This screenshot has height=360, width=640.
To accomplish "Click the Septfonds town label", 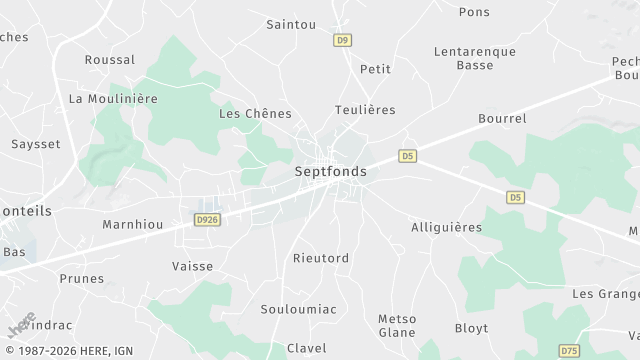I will coord(331,172).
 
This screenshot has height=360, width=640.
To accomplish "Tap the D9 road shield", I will coord(343,40).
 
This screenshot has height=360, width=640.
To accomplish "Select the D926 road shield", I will coord(207,218).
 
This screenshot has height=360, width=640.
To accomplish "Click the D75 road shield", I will coord(569,351).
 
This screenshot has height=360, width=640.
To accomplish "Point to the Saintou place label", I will coord(291,24).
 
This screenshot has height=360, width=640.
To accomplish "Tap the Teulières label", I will coord(365,110).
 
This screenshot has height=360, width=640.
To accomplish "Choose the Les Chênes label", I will coord(255,114).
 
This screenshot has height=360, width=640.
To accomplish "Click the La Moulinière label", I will coord(113,99).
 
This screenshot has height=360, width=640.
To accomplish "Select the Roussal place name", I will coord(110,60).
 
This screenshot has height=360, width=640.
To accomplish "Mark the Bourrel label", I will coord(502,119).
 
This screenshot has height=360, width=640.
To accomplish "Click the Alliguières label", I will coord(446,228).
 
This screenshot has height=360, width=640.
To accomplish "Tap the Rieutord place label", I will coord(321,258).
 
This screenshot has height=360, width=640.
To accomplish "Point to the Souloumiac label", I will coord(298,309).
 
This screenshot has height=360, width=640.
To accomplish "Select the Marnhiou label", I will coord(133,225).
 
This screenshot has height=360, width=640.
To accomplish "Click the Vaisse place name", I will coord(193,266).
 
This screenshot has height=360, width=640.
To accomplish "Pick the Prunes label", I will coord(81,279).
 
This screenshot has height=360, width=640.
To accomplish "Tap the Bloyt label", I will coord(472,328).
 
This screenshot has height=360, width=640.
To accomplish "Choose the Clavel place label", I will coord(306,348).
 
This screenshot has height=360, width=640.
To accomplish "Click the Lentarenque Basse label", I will coord(475,58).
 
